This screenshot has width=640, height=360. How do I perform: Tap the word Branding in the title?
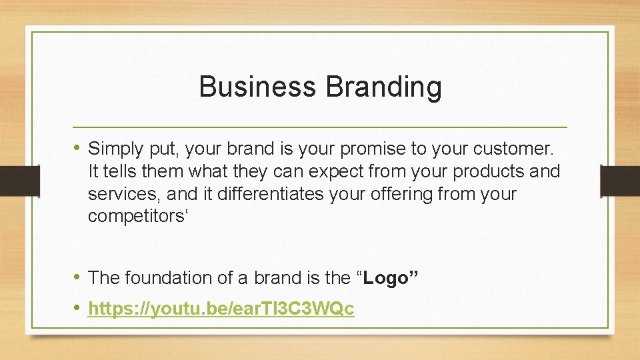click(x=384, y=87)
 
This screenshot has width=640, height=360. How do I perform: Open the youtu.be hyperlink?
click(x=221, y=309)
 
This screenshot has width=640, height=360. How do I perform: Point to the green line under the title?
click(x=320, y=127)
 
